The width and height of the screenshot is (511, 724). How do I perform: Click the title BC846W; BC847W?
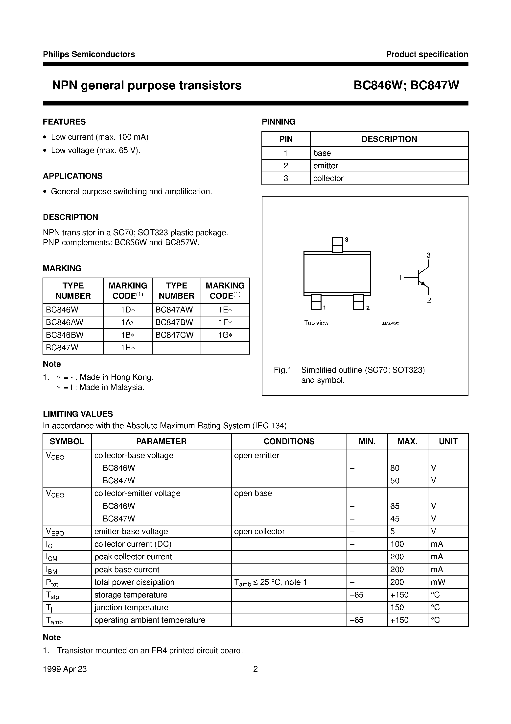406,85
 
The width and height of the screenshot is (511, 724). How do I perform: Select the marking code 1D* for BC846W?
128,310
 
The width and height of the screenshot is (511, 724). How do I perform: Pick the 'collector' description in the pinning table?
328,178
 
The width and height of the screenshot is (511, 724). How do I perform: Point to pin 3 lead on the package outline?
337,245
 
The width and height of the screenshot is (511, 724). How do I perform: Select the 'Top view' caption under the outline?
316,323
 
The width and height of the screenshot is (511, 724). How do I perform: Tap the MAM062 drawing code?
391,324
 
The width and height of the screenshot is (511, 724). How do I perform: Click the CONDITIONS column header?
289,441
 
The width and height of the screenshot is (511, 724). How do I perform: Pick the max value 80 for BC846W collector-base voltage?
395,468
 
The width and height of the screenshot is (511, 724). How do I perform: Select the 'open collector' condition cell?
259,531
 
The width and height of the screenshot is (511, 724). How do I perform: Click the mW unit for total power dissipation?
438,582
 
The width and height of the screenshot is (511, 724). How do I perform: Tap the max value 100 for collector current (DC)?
397,544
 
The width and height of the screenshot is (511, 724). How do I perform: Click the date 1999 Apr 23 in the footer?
65,669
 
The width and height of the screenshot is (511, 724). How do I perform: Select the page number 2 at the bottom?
255,669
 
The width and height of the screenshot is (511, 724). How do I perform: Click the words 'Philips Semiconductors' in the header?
89,54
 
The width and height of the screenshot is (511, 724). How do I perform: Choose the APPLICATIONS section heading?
73,176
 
